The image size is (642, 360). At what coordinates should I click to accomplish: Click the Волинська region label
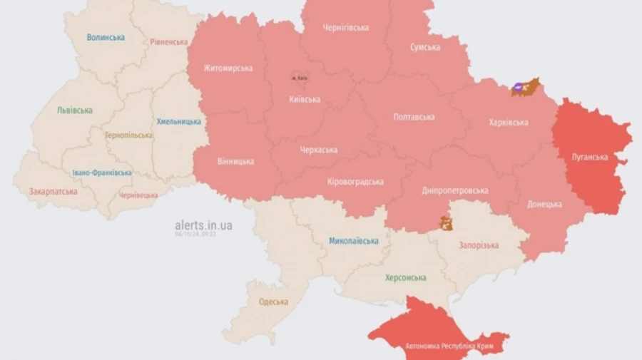click(106, 37)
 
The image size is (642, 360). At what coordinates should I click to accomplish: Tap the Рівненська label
click(169, 42)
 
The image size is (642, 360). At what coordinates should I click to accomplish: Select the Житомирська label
click(228, 68)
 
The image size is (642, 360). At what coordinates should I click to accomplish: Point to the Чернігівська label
click(345, 28)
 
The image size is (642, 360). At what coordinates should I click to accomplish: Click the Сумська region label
click(424, 47)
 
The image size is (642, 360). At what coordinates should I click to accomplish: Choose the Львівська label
click(75, 110)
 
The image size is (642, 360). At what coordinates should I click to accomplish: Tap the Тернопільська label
click(128, 135)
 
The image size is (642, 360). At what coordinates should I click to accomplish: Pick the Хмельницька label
click(178, 121)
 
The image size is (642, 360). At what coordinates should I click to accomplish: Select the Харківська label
click(509, 123)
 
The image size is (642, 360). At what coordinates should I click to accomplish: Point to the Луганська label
click(590, 157)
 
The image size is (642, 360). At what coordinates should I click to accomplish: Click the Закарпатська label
click(53, 192)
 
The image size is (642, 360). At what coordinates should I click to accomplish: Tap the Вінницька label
click(235, 161)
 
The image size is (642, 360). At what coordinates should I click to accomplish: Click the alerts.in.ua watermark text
click(203, 225)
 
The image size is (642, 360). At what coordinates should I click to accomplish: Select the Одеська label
click(273, 302)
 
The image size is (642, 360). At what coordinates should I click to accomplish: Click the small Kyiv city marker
click(299, 76)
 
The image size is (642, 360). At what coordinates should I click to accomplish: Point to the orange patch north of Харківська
click(526, 87)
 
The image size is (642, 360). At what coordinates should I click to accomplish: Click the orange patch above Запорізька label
click(447, 224)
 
